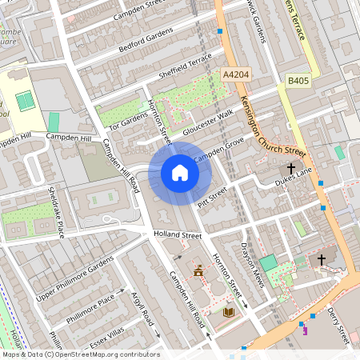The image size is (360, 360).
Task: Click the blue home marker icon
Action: coord(180,172)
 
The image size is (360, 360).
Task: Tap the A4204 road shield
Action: coord(235,74)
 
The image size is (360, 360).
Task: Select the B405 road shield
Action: coord(298,80)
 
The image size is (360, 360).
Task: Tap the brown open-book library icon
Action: coord(229,311)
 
